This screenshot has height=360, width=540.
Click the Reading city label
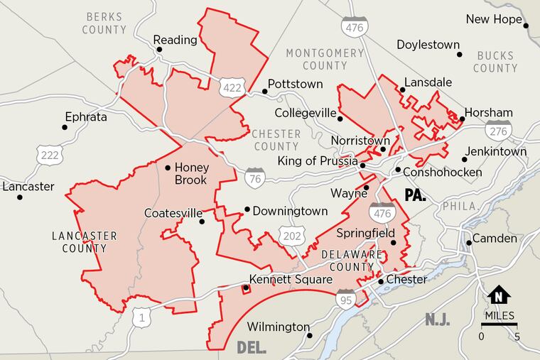click(175, 40)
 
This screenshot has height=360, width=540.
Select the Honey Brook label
click(190, 174)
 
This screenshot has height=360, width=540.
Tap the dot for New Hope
click(526, 26)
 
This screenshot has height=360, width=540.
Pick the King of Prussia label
click(317, 161)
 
